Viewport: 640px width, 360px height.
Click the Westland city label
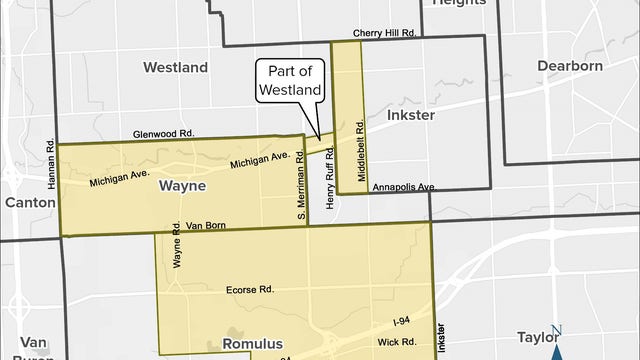[175, 68]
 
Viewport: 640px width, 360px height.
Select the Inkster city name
[410, 115]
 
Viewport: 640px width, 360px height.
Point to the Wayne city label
[182, 186]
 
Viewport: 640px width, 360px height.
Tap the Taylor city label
[538, 337]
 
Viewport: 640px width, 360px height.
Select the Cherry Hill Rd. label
[384, 32]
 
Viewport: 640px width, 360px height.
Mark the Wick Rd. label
[396, 342]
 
